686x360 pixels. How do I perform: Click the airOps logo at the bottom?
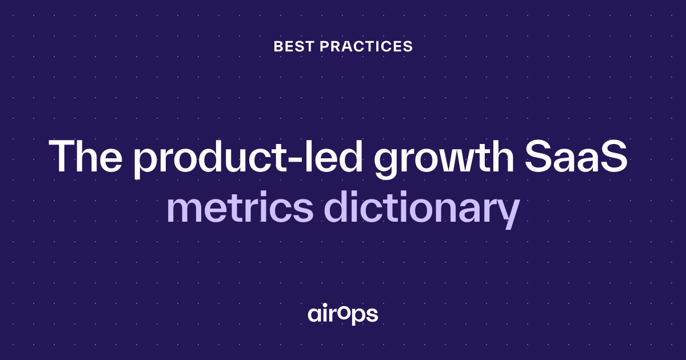coord(342,315)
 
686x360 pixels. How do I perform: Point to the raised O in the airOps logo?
coord(345,311)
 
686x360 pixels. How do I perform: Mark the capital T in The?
coord(63,157)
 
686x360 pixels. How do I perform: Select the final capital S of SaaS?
coord(614,157)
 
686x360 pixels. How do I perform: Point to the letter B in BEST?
coord(278,46)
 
